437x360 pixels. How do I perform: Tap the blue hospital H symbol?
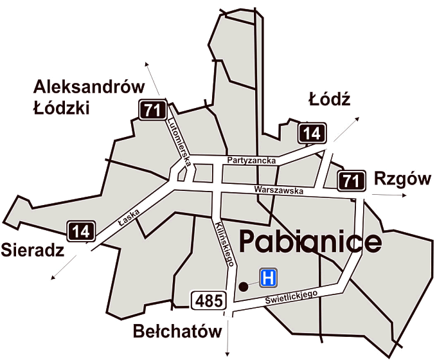tap(269, 278)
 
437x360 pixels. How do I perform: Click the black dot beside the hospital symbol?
tap(243, 286)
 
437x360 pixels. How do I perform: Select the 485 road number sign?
tap(208, 300)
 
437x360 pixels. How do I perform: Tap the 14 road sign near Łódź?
tap(312, 134)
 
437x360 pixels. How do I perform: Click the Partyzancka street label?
tap(252, 159)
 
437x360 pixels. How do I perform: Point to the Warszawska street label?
tap(277, 191)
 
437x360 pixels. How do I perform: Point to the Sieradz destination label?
tap(32, 249)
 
